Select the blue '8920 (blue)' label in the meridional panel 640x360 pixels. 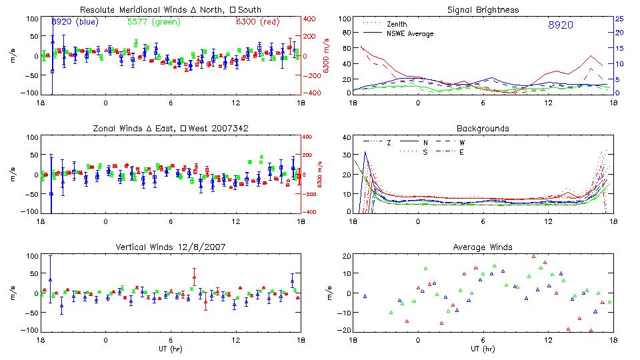[x=75, y=21]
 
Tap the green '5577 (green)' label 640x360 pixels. [x=153, y=21]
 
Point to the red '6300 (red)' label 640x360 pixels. [x=257, y=21]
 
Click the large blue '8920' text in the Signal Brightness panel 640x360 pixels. [x=560, y=25]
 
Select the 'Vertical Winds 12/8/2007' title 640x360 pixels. [x=170, y=247]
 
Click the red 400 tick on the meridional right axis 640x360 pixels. [x=311, y=19]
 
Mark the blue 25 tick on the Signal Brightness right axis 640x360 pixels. [x=619, y=19]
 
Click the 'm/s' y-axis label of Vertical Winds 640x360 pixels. [x=15, y=293]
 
